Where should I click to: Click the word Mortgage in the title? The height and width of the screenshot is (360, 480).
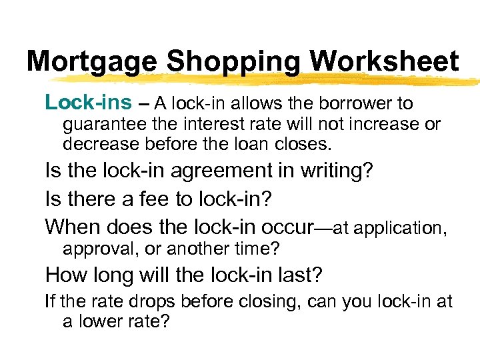(x=93, y=62)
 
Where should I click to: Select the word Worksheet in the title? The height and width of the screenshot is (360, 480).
(x=384, y=62)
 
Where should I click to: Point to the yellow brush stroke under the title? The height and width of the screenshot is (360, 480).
(x=267, y=81)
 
